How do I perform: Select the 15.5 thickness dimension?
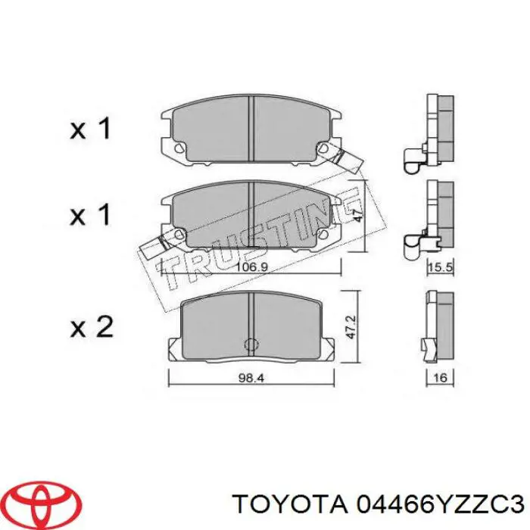tap(441, 267)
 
